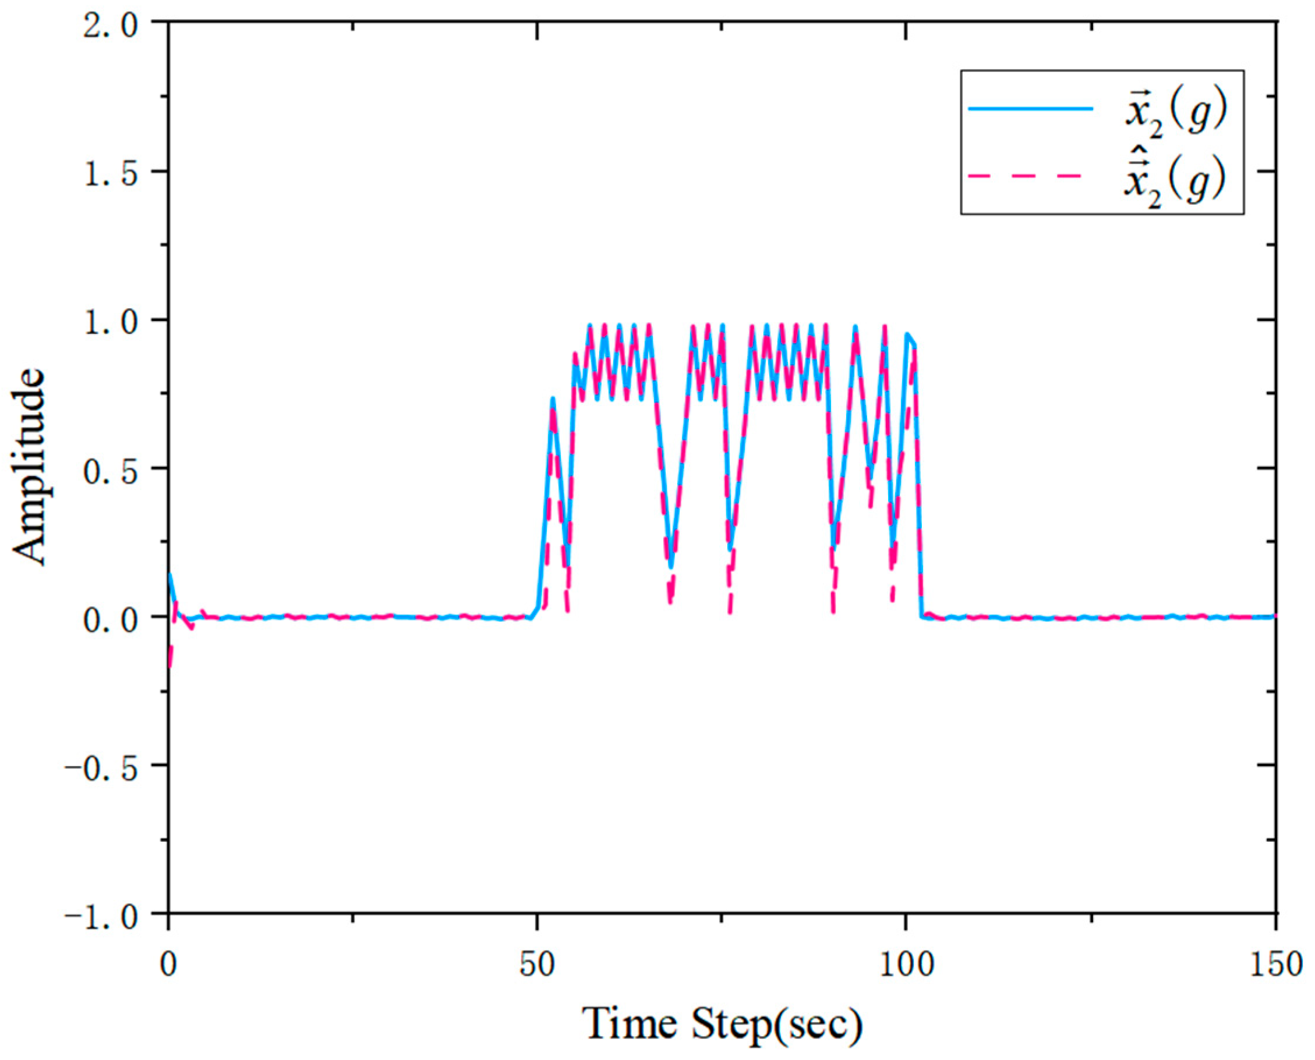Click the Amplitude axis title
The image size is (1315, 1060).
29,467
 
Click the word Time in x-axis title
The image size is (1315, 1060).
630,1023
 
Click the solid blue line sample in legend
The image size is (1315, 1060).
1030,109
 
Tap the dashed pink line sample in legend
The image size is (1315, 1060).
1030,176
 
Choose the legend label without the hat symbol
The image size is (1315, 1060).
1176,113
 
